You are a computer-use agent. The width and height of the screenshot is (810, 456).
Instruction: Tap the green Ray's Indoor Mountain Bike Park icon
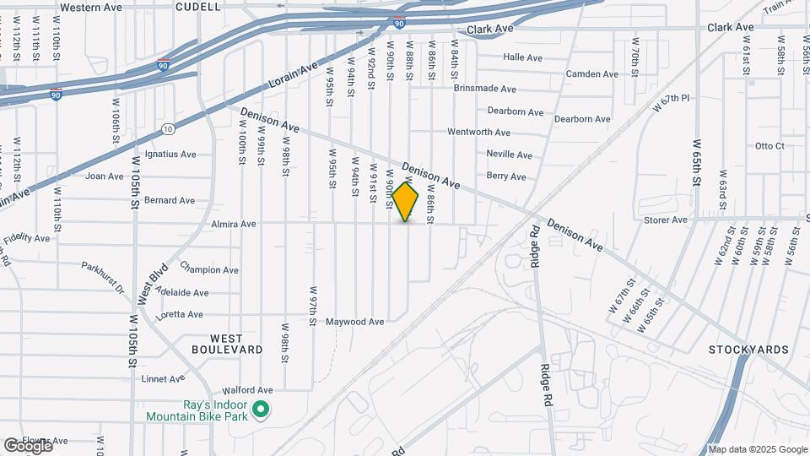point(262,410)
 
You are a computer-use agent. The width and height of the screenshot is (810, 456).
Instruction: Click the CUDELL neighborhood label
point(198,7)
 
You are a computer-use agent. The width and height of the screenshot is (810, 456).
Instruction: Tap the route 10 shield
point(169,129)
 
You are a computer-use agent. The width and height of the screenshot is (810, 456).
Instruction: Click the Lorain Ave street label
point(293,75)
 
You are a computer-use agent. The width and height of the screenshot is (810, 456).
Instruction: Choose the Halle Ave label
point(522,57)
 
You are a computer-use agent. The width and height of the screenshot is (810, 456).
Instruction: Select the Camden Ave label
point(592,74)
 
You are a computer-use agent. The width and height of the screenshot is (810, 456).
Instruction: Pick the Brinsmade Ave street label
point(484,89)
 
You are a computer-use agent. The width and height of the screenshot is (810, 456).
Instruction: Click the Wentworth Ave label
point(478,133)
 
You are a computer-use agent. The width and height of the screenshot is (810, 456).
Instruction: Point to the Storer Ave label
point(666,220)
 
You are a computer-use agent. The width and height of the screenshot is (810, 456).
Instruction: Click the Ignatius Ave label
point(170,155)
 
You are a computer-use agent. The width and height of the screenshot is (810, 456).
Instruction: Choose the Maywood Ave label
point(356,322)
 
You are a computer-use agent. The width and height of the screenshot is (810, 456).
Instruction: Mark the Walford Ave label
point(248,391)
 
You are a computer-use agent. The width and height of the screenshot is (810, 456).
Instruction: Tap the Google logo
point(27,445)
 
